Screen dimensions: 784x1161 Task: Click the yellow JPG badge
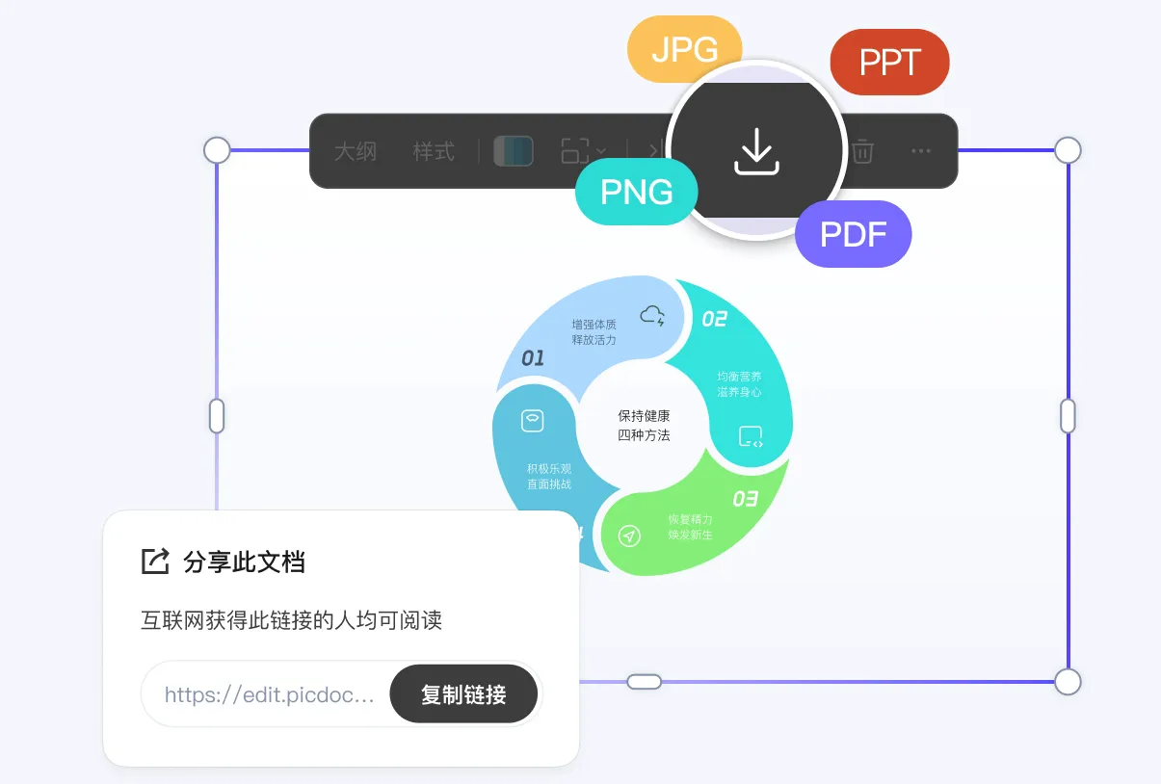pos(684,49)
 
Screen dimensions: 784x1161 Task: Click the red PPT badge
pos(889,63)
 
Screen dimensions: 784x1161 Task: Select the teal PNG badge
pos(636,192)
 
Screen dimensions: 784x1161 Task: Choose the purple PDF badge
pos(853,234)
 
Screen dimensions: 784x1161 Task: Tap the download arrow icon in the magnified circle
pos(756,151)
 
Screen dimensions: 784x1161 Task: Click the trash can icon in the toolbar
pos(862,151)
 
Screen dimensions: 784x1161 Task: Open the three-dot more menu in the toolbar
pos(921,151)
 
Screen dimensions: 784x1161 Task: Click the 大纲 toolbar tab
pos(356,151)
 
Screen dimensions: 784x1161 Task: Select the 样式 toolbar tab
pos(434,151)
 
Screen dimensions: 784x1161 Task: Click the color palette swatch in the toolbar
pos(514,151)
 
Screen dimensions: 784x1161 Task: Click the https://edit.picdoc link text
pos(269,694)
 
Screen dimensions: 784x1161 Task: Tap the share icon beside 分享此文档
pos(155,561)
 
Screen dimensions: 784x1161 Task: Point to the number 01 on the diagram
pos(533,358)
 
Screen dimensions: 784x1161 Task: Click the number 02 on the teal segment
pos(714,319)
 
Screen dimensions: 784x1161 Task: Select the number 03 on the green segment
pos(745,499)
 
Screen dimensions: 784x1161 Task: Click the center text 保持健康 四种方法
pos(644,426)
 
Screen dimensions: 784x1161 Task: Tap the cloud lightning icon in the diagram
pos(652,315)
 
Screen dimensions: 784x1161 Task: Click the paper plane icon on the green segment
pos(629,536)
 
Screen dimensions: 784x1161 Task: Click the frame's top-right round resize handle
pos(1068,150)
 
